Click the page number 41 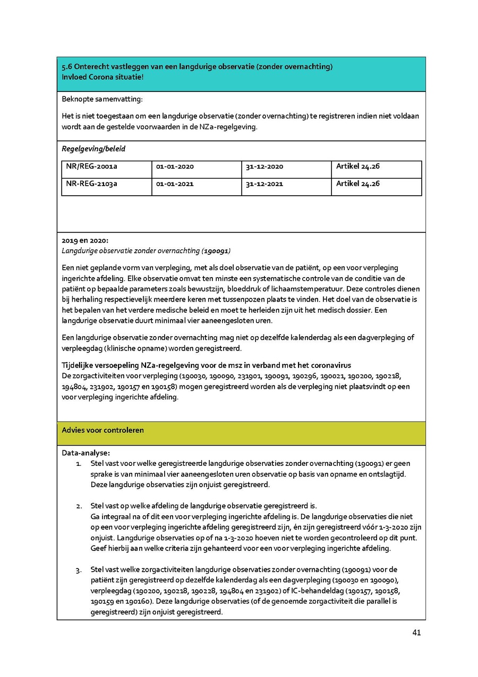(416, 632)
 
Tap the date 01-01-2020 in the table (175, 166)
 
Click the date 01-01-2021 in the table (175, 184)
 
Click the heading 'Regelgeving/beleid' (93, 149)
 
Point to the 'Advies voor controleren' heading (103, 430)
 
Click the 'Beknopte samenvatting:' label (102, 99)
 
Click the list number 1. (79, 464)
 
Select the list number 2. (79, 506)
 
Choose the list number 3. (79, 570)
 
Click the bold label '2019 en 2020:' (85, 240)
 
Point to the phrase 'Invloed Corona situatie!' (103, 77)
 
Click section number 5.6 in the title (67, 67)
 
